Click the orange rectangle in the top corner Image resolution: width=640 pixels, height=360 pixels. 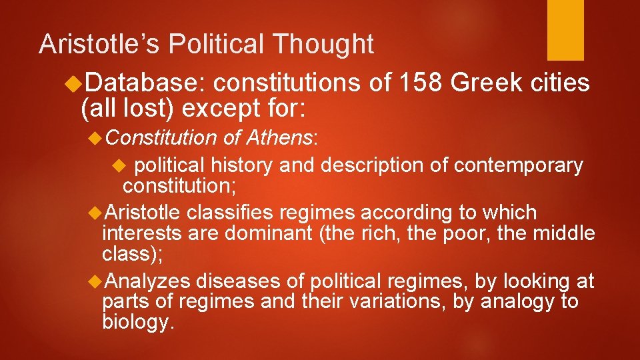565,30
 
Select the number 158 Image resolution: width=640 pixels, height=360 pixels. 420,83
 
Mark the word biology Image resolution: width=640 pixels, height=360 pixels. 138,323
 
